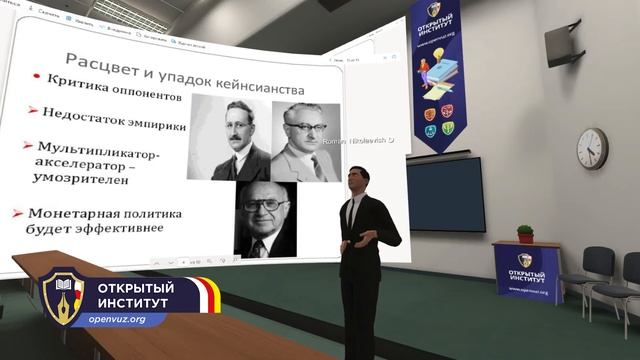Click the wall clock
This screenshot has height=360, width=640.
click(592, 148)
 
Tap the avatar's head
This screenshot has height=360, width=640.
click(358, 180)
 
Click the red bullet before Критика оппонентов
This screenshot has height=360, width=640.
click(36, 77)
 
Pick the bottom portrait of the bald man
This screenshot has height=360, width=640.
click(265, 217)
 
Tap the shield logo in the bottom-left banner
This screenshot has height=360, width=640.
click(62, 299)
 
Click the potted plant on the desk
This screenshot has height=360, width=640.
click(525, 234)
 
